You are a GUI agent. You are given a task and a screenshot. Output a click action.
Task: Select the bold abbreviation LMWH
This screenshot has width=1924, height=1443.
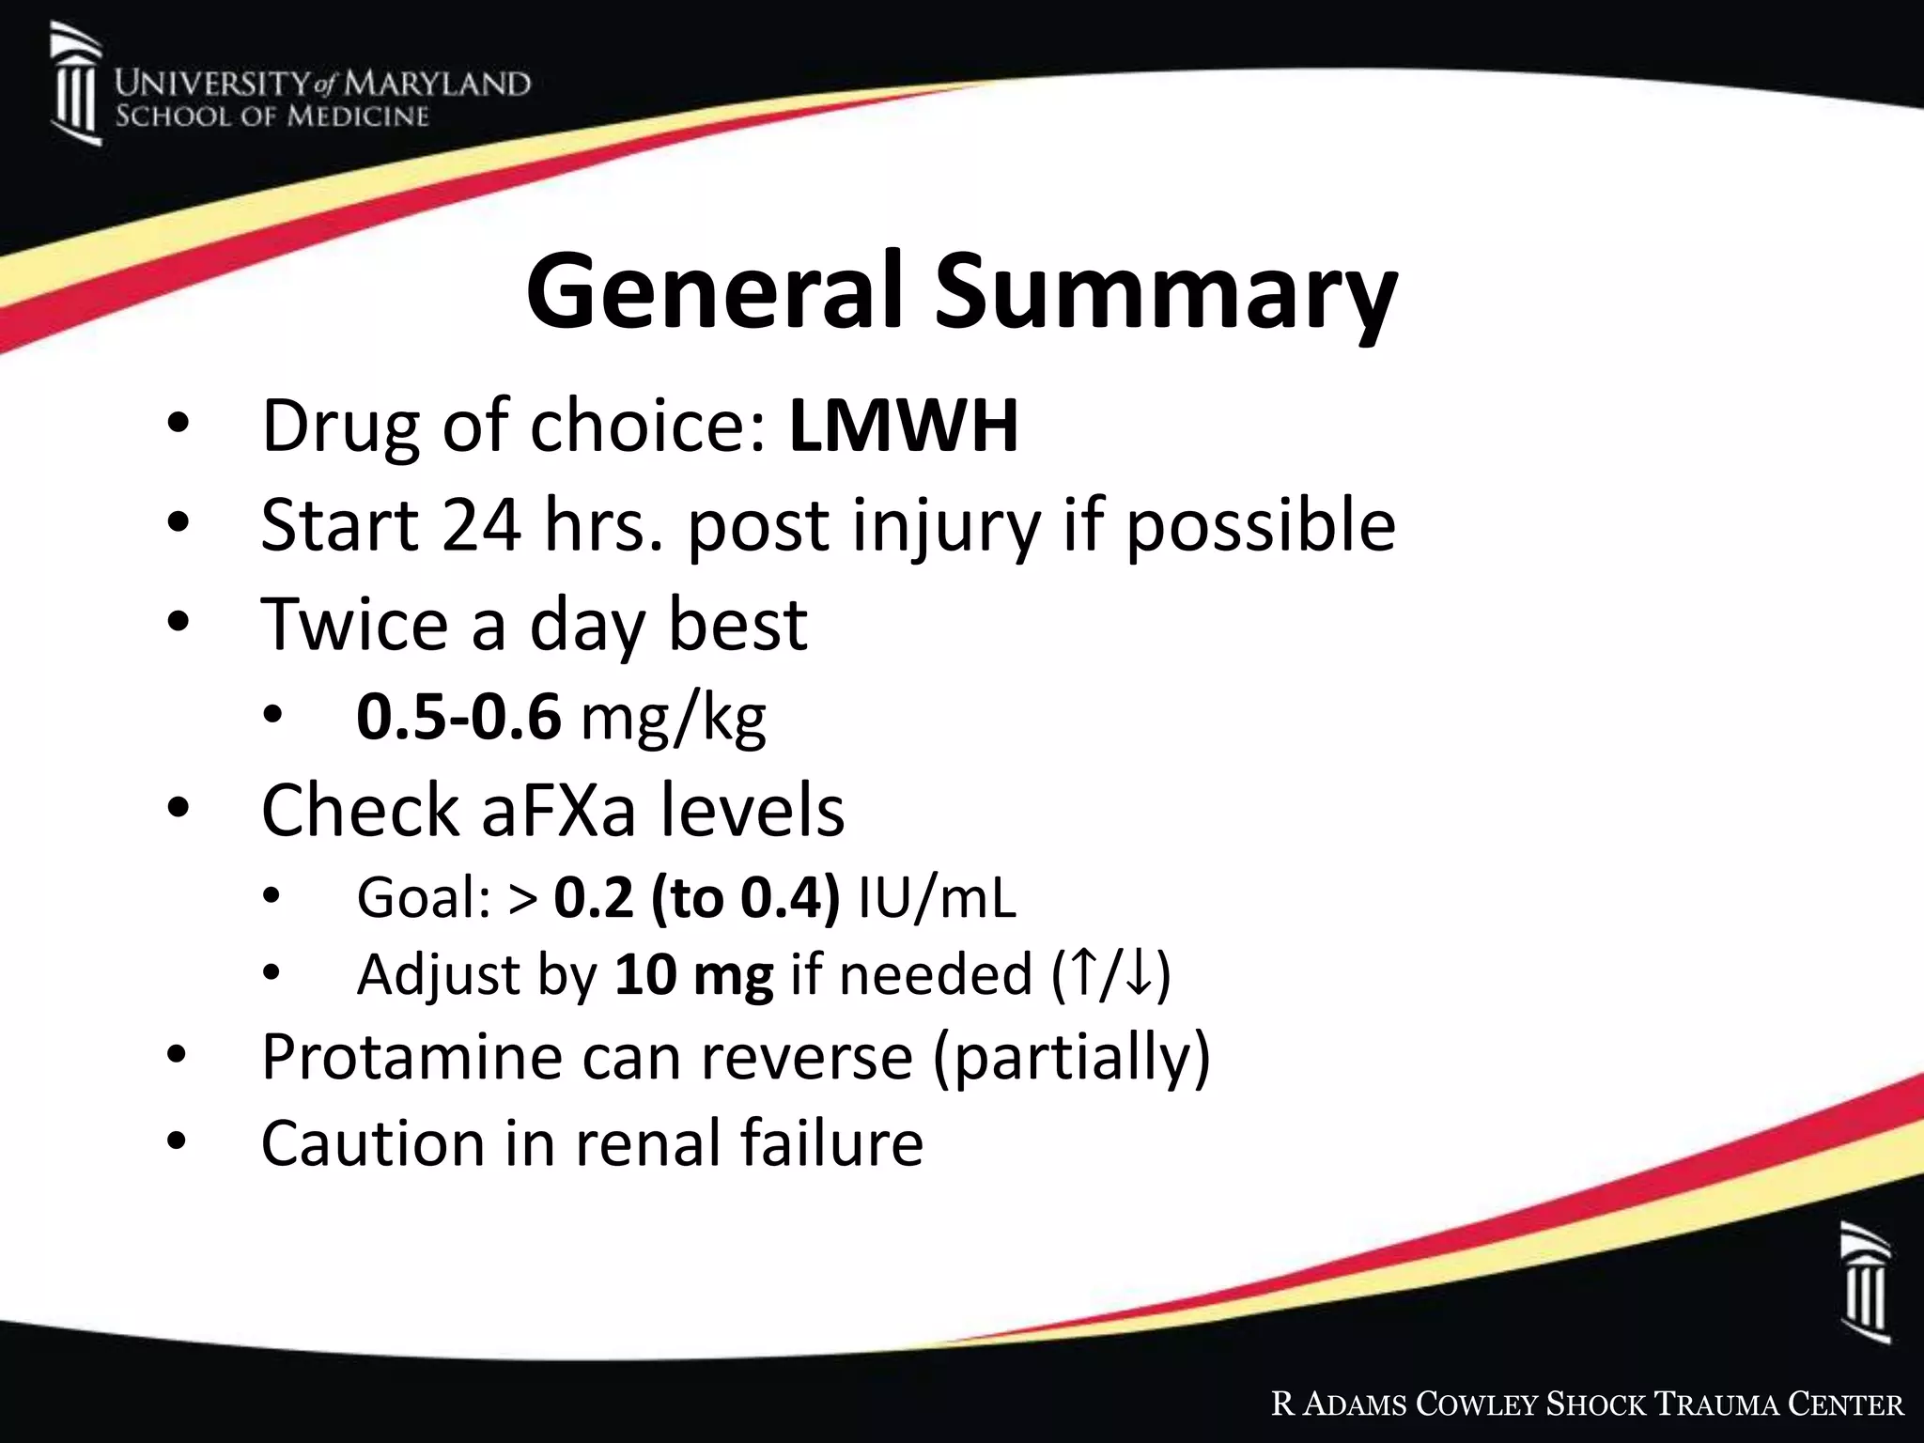[x=904, y=427]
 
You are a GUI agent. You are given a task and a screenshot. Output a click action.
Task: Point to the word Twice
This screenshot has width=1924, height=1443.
[x=354, y=624]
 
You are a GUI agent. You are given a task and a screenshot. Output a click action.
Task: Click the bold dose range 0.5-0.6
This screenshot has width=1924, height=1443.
[x=458, y=718]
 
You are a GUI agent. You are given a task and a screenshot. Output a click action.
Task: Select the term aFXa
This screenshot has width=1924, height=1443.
[x=558, y=810]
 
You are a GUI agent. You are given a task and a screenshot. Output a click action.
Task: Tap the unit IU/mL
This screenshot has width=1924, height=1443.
[x=937, y=898]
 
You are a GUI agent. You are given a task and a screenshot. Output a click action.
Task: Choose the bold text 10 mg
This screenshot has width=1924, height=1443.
[x=693, y=974]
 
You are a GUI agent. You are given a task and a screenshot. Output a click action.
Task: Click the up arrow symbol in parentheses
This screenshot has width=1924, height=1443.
[x=1083, y=974]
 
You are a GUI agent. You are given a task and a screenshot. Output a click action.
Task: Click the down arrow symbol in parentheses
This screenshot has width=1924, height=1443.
[x=1139, y=974]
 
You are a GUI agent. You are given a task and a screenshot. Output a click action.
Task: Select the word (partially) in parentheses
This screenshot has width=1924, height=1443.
[x=1072, y=1058]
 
